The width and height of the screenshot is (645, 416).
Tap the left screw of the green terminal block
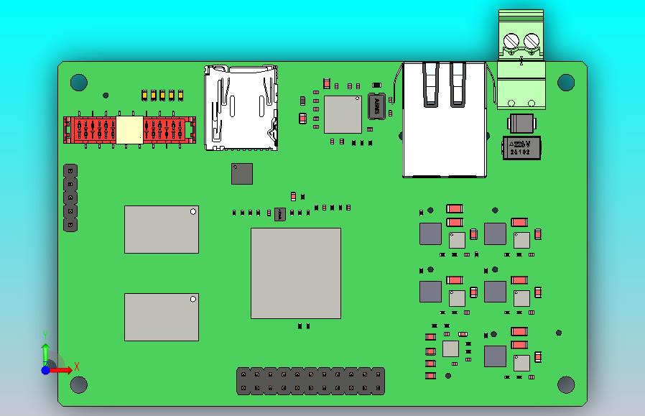pos(511,41)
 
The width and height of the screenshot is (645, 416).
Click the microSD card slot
pos(241,108)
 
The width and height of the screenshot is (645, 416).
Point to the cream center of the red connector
pos(129,130)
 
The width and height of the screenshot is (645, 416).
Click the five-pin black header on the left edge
pos(70,198)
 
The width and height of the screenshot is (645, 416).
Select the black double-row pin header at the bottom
pos(310,381)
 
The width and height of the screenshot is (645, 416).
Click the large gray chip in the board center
pos(295,273)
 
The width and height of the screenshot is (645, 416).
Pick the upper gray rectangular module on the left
pos(161,229)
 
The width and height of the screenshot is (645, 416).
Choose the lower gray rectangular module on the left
pos(161,317)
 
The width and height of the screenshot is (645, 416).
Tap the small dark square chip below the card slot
pos(242,173)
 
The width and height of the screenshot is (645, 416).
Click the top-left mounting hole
pos(78,82)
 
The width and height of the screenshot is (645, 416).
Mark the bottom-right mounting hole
pos(566,384)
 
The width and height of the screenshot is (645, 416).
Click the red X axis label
pos(77,367)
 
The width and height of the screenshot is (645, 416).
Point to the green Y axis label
pos(45,335)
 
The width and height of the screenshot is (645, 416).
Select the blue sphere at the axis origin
pos(45,370)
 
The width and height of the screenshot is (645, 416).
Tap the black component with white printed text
pos(520,148)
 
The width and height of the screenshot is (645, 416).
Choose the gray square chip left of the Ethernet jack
pos(343,114)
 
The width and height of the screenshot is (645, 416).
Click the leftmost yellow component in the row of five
pos(145,94)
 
